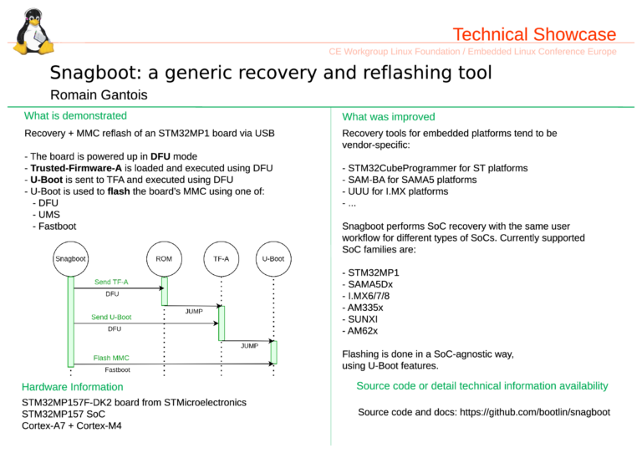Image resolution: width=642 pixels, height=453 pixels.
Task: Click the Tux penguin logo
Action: [33, 32]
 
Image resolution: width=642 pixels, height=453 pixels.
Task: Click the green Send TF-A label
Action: [111, 282]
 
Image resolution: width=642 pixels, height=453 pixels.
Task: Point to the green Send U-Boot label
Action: [111, 317]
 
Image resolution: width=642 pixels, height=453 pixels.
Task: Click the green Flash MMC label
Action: [111, 358]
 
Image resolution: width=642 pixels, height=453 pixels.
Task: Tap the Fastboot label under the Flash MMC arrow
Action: [118, 370]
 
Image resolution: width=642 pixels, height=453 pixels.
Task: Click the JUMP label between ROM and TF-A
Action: [194, 312]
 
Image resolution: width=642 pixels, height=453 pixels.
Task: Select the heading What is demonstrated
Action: [75, 116]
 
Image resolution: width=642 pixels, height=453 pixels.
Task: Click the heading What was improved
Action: [389, 117]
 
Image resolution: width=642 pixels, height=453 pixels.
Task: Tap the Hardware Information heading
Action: [73, 387]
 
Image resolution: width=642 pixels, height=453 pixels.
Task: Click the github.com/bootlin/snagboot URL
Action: [535, 412]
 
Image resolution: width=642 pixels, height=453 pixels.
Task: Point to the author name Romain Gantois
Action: [99, 95]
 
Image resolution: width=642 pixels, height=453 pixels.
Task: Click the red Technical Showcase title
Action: [534, 34]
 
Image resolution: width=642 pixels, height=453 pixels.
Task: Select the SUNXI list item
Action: [363, 319]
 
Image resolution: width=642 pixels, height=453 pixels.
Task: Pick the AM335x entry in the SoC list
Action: [365, 308]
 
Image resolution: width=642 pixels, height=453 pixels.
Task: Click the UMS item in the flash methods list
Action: [49, 215]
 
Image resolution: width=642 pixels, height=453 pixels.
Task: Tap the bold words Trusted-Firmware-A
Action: [76, 168]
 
